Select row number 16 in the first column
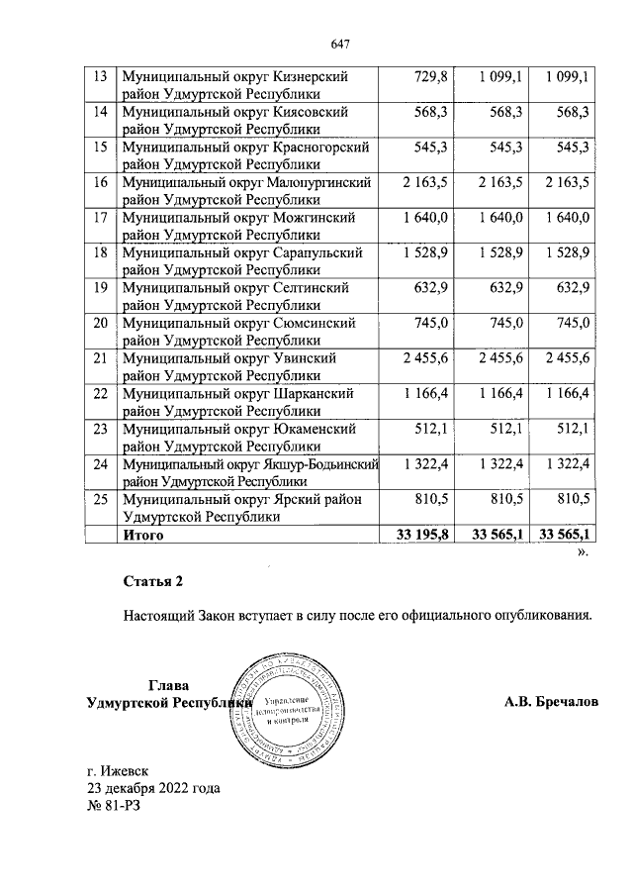pos(99,183)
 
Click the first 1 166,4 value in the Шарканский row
pos(426,394)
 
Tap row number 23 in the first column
pos(99,429)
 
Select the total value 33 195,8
pos(422,536)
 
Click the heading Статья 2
pos(153,580)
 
